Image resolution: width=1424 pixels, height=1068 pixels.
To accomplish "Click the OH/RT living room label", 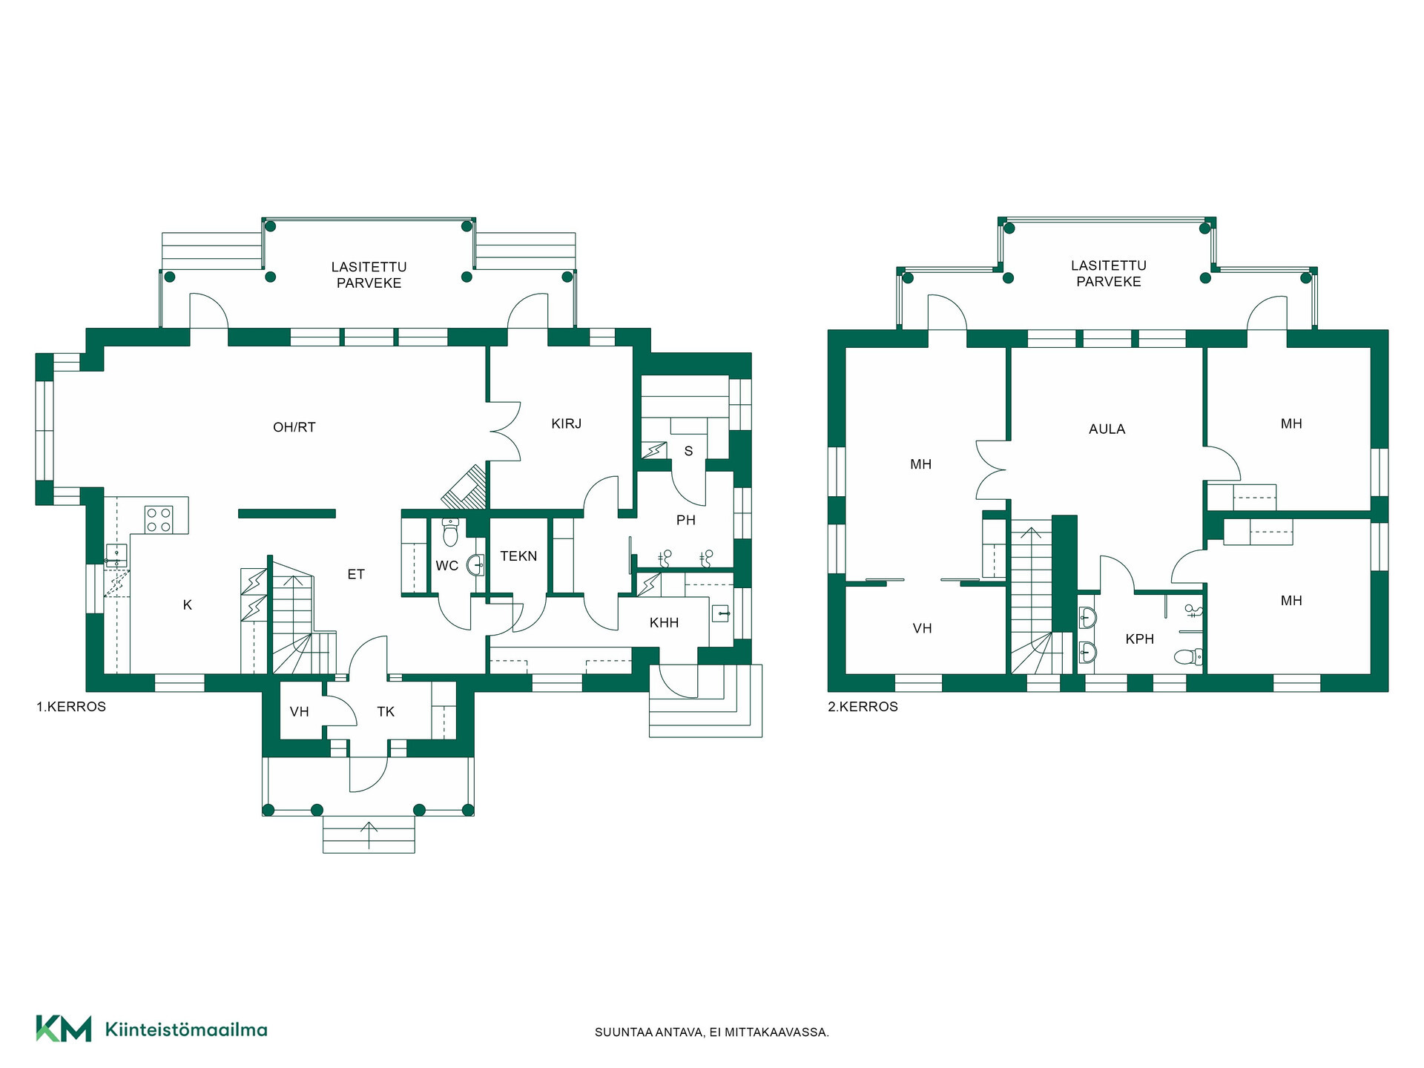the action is click(294, 427).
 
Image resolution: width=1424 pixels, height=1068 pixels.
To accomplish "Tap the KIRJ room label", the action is click(567, 423).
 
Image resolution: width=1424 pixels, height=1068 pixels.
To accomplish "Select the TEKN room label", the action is click(518, 556).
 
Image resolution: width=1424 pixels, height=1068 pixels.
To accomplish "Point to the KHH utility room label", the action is click(664, 623).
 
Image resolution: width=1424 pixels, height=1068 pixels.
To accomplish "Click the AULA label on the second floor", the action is click(1107, 429).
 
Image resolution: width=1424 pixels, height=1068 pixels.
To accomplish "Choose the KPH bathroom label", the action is click(1140, 639).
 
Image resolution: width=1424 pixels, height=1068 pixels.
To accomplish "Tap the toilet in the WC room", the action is click(450, 532).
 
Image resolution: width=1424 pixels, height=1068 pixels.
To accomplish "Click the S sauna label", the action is click(688, 451).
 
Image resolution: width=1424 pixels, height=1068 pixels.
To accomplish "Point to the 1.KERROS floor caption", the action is click(71, 707).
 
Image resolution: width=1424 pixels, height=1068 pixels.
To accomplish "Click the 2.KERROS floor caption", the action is click(863, 707).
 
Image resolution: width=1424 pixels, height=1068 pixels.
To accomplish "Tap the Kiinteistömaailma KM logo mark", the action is click(64, 1029).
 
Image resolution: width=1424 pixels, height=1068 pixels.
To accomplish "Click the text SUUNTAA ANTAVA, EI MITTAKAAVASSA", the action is click(712, 1032).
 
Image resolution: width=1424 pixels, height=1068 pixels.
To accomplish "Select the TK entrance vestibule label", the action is click(386, 712).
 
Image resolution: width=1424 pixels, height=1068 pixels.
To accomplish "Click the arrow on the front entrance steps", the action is click(369, 834).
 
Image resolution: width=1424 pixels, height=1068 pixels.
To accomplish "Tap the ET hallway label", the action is click(356, 574).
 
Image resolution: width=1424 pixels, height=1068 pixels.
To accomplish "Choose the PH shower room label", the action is click(686, 521).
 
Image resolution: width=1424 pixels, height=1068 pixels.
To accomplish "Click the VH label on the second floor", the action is click(922, 628).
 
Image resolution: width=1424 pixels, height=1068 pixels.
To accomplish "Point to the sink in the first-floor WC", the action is click(475, 566).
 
